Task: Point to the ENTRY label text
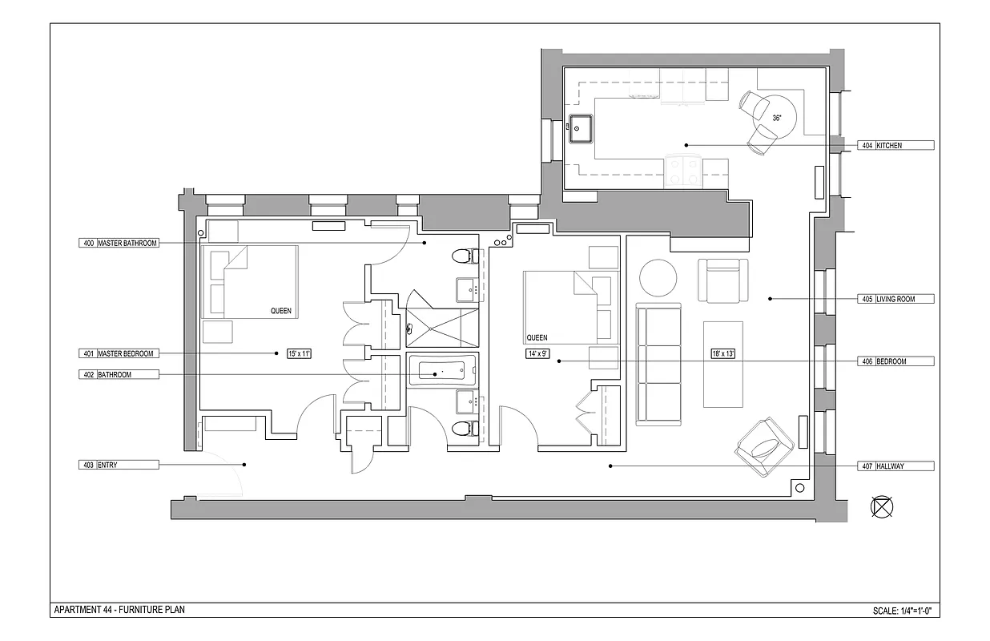(x=107, y=465)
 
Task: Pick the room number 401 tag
(x=88, y=353)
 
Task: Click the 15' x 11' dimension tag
(x=298, y=353)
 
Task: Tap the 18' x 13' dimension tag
(x=722, y=353)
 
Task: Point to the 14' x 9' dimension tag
(x=537, y=353)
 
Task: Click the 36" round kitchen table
(x=776, y=117)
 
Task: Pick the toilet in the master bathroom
(x=462, y=256)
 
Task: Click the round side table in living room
(x=657, y=278)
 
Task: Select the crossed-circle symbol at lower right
(x=882, y=506)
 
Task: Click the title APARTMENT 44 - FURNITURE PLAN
(x=119, y=610)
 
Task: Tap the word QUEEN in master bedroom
(x=280, y=311)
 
